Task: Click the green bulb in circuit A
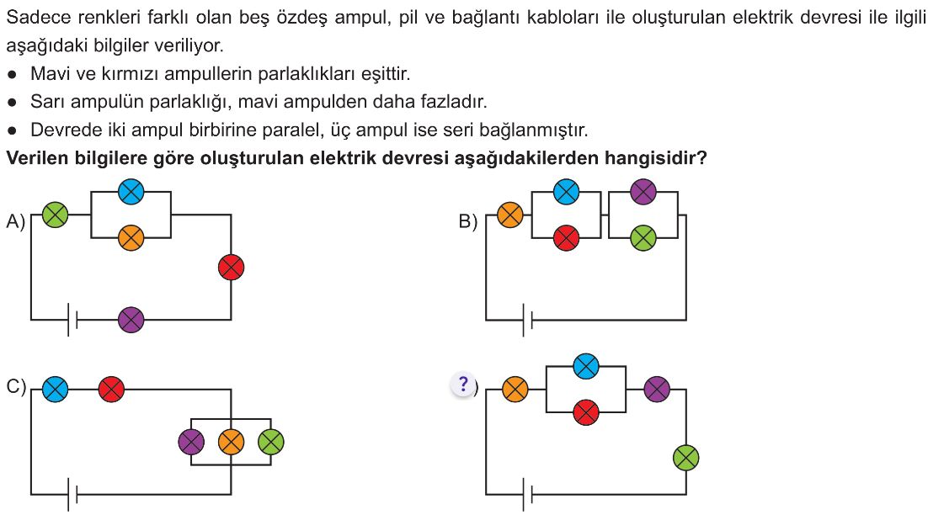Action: [55, 215]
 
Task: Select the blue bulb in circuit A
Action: [131, 192]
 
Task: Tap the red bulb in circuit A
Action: [231, 267]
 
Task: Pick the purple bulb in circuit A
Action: [131, 320]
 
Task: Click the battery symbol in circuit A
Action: [72, 320]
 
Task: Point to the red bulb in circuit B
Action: [566, 238]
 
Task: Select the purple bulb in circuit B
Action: [643, 192]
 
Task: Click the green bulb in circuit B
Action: [643, 238]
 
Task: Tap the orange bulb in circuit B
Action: [509, 215]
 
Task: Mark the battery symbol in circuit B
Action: [528, 320]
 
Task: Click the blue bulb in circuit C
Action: [55, 390]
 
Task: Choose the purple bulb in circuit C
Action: [191, 442]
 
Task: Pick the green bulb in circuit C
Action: [270, 442]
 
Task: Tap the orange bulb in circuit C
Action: [231, 442]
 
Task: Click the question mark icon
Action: [463, 384]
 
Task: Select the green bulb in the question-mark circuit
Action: [686, 457]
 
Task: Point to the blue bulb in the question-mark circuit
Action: [586, 366]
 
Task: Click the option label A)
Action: [16, 221]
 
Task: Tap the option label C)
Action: [16, 386]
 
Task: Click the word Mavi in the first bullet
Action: [51, 74]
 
